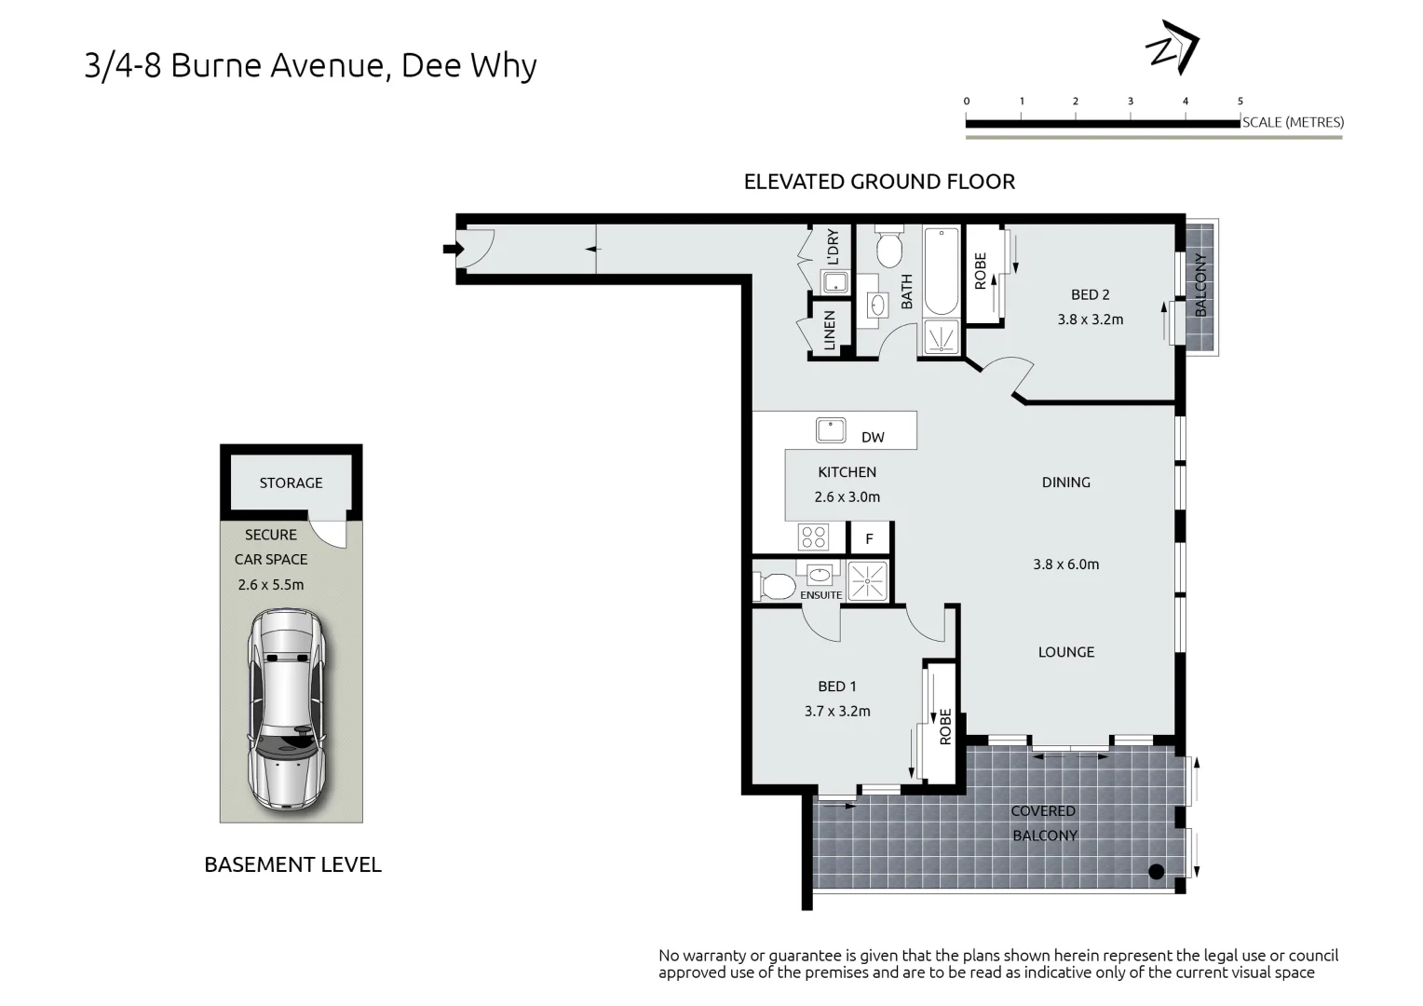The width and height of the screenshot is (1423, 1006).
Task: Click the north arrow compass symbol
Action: (x=1172, y=48)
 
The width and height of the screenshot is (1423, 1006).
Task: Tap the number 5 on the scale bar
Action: (x=1240, y=101)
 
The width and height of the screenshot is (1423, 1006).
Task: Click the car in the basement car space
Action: (x=288, y=709)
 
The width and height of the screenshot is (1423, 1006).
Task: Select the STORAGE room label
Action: (x=291, y=483)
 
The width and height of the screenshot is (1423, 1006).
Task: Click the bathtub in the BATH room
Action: (x=941, y=271)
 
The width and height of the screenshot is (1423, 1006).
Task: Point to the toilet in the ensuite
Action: (x=775, y=587)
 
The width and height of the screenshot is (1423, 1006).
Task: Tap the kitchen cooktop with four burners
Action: (x=814, y=537)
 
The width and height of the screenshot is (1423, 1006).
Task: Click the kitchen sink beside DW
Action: (x=831, y=430)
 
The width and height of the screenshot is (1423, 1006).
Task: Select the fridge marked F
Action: (x=869, y=539)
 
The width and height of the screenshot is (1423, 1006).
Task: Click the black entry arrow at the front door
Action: (x=454, y=249)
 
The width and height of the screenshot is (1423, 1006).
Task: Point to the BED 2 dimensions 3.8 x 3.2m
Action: (x=1091, y=319)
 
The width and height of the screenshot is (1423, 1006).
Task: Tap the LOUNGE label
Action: (x=1066, y=652)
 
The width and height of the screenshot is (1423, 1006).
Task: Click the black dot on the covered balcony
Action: (x=1157, y=872)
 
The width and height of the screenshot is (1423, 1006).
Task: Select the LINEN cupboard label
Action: (x=830, y=331)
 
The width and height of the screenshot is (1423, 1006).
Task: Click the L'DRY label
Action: (x=833, y=247)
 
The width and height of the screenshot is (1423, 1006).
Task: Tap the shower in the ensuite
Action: (x=867, y=581)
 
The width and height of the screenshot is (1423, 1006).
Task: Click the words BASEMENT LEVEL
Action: (x=292, y=865)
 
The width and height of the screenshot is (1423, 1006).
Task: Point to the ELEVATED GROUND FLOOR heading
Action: (x=879, y=182)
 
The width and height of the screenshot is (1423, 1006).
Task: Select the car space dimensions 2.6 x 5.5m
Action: (x=271, y=585)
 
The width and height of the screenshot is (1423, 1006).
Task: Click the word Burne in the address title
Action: (x=216, y=65)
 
